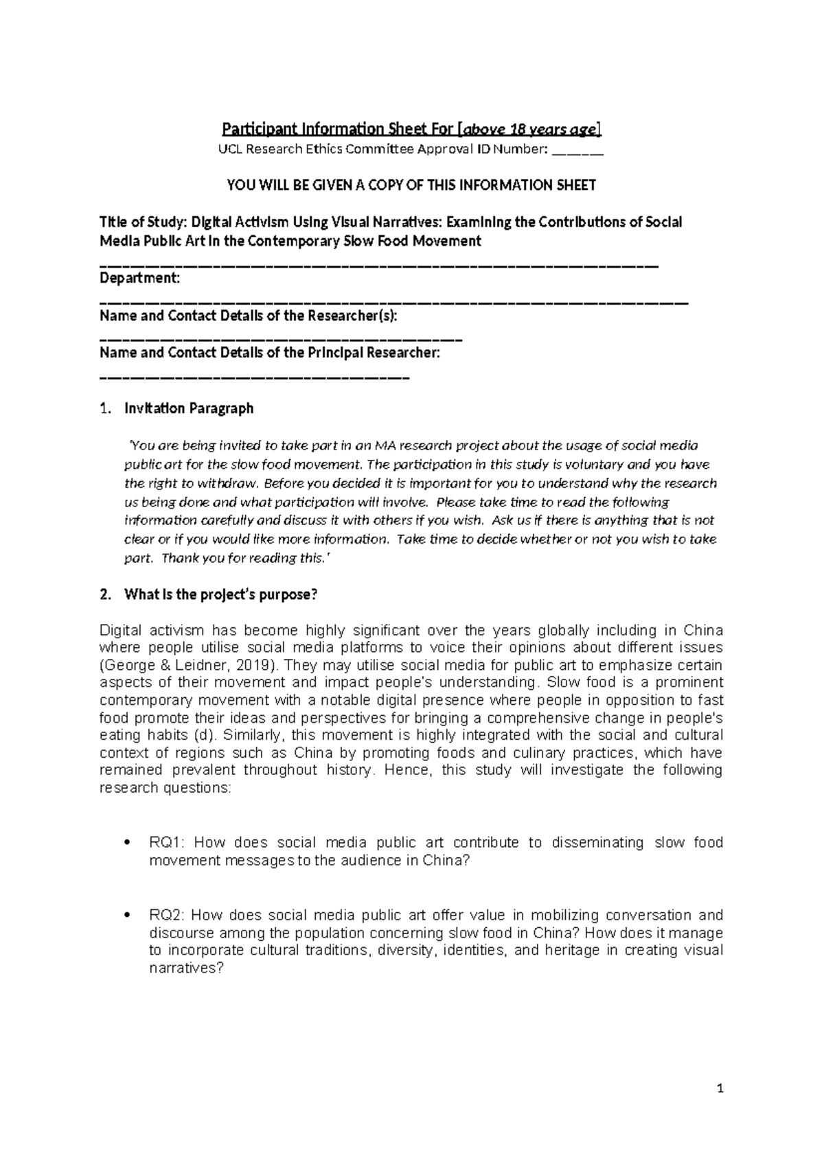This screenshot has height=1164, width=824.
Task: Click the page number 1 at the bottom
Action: [720, 1089]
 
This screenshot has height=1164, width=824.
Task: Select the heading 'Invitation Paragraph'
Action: [189, 408]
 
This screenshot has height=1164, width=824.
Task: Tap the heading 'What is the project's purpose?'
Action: [221, 595]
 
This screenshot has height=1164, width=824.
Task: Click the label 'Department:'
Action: [140, 279]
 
